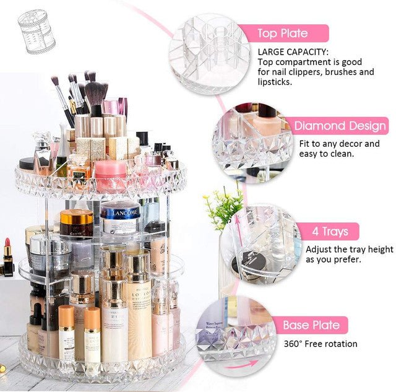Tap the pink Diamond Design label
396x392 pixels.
tap(339, 126)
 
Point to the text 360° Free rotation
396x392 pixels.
tap(321, 344)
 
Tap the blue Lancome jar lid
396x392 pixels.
tap(120, 212)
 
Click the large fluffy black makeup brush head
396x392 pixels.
tap(96, 94)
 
